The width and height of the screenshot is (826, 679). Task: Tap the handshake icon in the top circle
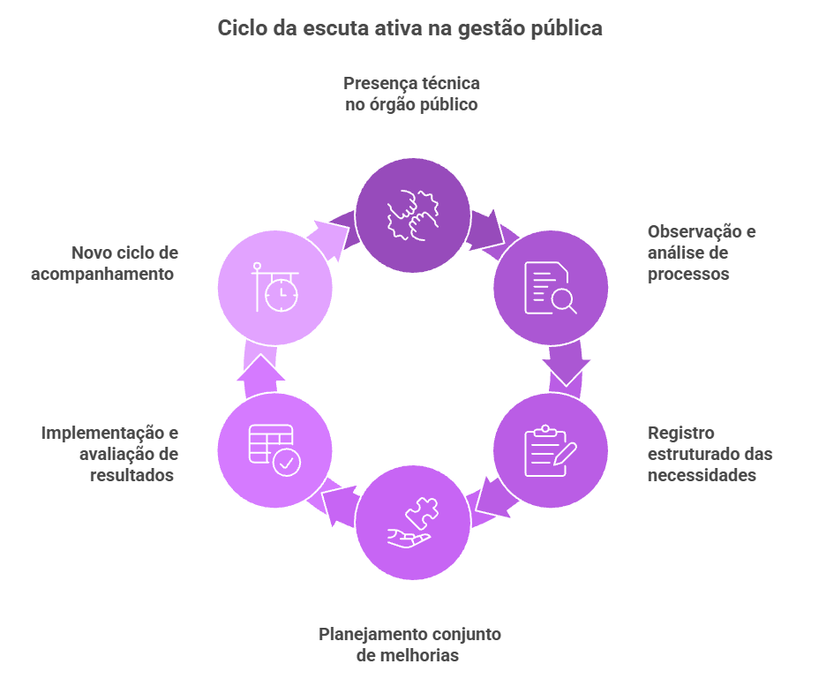coord(412,215)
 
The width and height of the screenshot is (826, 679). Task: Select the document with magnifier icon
coord(550,287)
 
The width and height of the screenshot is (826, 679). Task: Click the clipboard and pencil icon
coord(550,450)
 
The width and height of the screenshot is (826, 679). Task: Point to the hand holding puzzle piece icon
coord(412,523)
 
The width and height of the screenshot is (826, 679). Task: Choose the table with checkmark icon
coord(274,450)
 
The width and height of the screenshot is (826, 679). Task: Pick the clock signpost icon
coord(274,287)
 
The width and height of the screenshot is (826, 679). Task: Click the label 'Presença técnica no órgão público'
coord(411,94)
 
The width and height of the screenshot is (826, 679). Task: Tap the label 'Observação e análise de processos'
coord(701,253)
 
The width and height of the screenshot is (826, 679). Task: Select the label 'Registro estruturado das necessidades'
coord(710,454)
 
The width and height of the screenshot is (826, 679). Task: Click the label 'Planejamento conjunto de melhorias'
coord(409,645)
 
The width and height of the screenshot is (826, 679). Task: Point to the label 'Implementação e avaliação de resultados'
coord(110,454)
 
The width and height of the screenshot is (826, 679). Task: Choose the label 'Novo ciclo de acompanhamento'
coord(106,263)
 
